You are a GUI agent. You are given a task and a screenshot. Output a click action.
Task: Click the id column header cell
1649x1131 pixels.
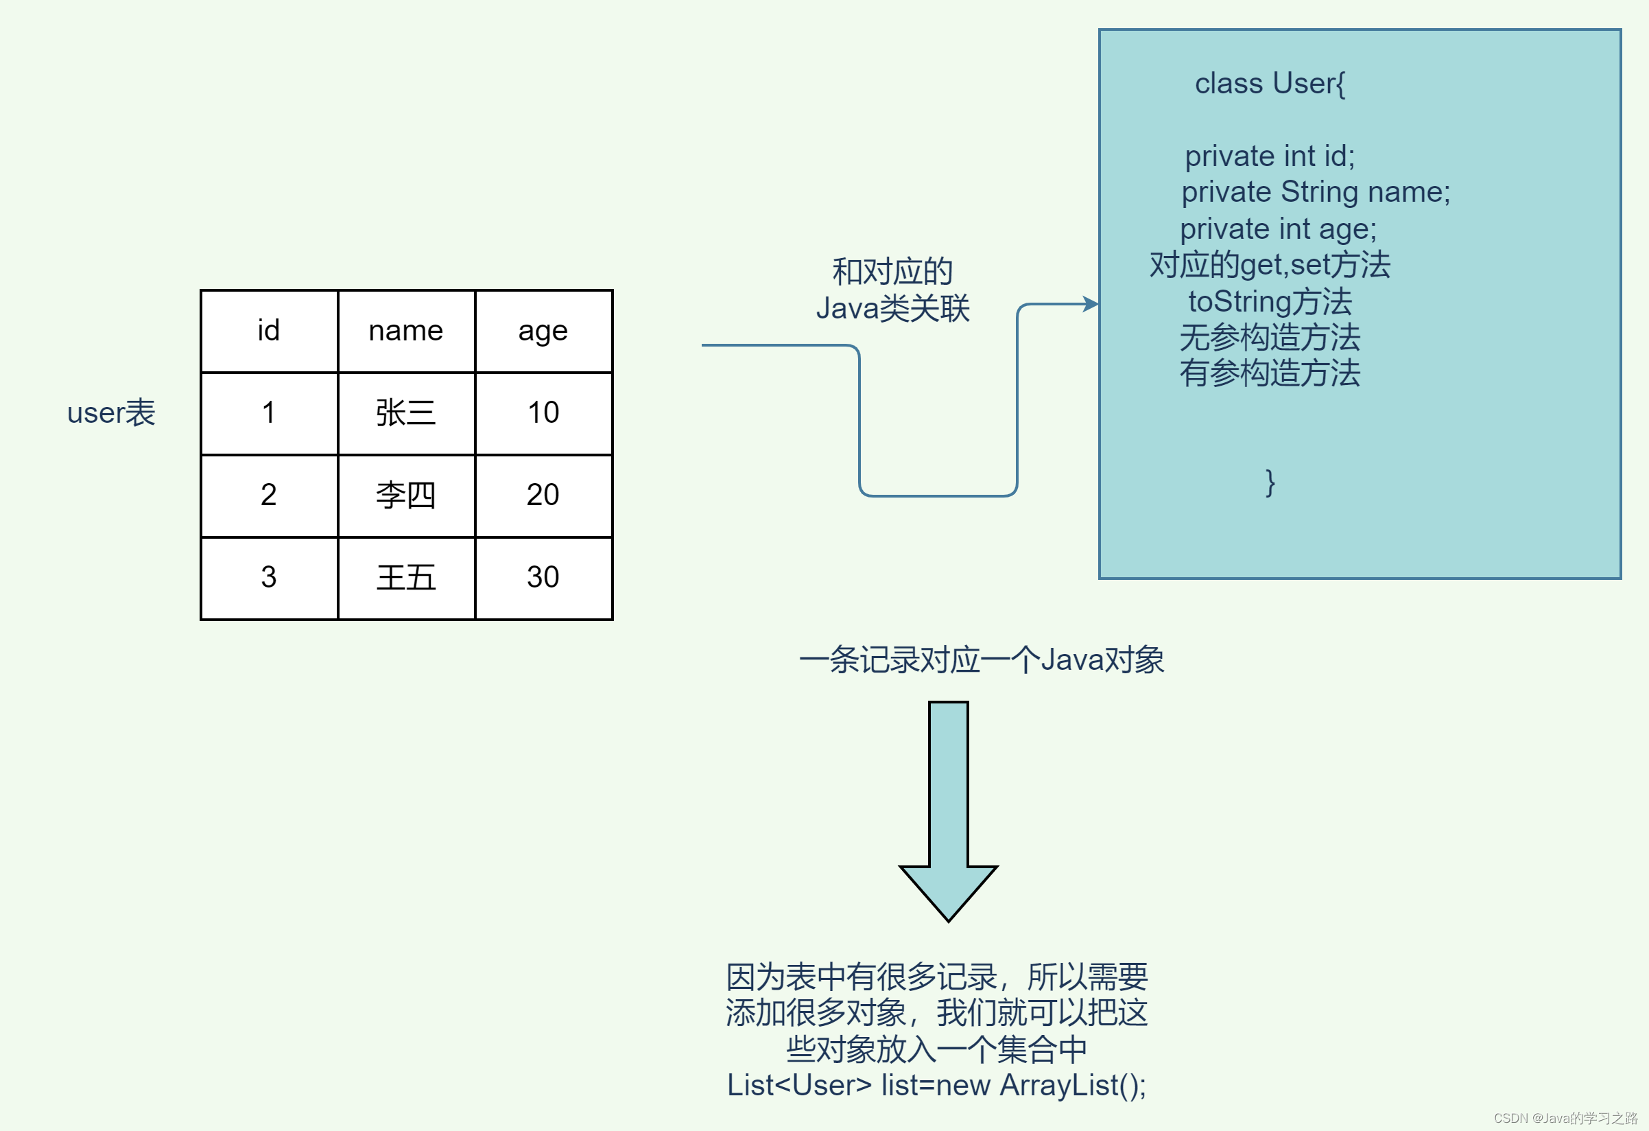(269, 331)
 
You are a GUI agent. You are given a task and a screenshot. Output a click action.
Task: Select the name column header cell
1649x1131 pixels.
(406, 331)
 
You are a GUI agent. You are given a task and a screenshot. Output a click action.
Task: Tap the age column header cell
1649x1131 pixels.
(543, 331)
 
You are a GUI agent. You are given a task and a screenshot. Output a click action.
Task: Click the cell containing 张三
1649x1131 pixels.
(406, 413)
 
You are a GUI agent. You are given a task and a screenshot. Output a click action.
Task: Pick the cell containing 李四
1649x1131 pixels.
(406, 495)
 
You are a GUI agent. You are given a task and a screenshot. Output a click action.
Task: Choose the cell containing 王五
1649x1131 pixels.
(406, 577)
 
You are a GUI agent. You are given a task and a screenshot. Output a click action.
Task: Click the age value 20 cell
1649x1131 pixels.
(543, 495)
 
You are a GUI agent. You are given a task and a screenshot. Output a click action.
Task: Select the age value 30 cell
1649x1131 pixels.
(543, 577)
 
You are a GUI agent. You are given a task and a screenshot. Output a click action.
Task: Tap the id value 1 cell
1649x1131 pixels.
(269, 413)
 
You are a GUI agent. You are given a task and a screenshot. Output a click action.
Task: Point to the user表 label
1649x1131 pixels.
(111, 413)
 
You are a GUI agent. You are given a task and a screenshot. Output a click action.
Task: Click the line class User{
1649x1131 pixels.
(1270, 84)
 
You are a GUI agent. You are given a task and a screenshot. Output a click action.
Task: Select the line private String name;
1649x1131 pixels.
(1316, 192)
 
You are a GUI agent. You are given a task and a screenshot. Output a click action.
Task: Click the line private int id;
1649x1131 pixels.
(1270, 156)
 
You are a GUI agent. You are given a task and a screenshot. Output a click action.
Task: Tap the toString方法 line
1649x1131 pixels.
(1270, 302)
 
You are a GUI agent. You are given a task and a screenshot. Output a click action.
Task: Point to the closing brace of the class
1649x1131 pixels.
(1270, 482)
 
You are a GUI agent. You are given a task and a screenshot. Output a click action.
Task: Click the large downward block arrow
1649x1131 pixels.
(948, 809)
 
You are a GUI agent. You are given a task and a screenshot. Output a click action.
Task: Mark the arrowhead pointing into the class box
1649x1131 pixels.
(1091, 305)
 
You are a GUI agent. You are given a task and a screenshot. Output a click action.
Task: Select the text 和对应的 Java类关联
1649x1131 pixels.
(892, 290)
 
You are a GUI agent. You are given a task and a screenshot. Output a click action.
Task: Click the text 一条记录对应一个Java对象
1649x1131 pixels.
(982, 660)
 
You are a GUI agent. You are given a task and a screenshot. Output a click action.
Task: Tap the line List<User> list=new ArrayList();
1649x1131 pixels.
(936, 1086)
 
